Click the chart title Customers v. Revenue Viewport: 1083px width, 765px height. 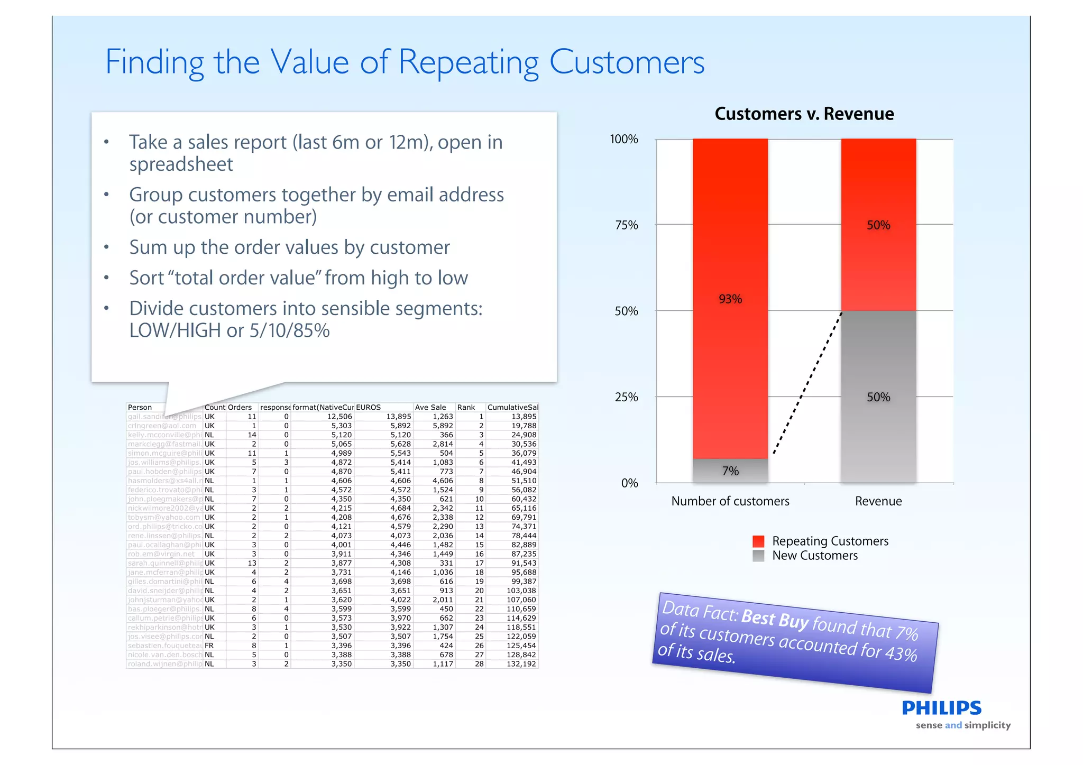pyautogui.click(x=804, y=114)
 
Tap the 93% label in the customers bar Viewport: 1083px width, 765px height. pyautogui.click(x=730, y=299)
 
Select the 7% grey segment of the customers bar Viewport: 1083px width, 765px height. pyautogui.click(x=730, y=471)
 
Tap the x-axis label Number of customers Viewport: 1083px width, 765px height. pyautogui.click(x=730, y=501)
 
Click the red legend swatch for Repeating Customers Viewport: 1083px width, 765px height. pyautogui.click(x=758, y=541)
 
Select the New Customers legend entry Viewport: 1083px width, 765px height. pyautogui.click(x=814, y=556)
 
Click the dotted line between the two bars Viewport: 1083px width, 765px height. pyautogui.click(x=807, y=383)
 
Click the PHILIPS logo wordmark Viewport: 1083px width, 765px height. pyautogui.click(x=941, y=708)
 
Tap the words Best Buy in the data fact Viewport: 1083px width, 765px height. pyautogui.click(x=775, y=619)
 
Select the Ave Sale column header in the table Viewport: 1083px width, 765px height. pyautogui.click(x=430, y=408)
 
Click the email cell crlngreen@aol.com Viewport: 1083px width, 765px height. pyautogui.click(x=162, y=426)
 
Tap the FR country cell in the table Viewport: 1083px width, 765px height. pyautogui.click(x=209, y=646)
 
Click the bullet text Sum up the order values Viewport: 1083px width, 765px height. pyautogui.click(x=289, y=247)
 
